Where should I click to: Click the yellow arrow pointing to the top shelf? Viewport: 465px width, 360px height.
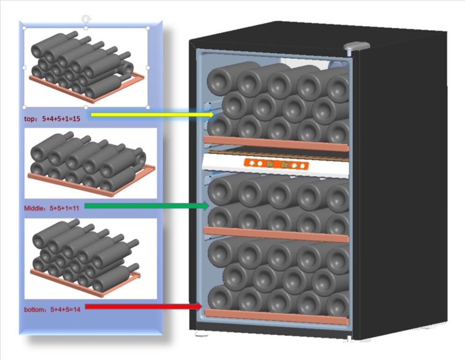point(150,114)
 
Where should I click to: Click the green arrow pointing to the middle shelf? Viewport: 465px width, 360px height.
point(146,206)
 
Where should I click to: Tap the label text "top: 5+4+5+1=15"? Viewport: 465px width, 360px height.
point(52,119)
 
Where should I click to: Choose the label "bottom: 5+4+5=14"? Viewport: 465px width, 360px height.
point(51,310)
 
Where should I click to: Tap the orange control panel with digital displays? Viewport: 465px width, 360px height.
point(276,164)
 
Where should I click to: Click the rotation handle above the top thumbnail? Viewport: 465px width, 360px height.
point(86,19)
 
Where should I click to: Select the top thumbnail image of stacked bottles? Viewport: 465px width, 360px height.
point(86,67)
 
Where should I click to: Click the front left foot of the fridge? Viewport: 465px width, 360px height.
point(201,335)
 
